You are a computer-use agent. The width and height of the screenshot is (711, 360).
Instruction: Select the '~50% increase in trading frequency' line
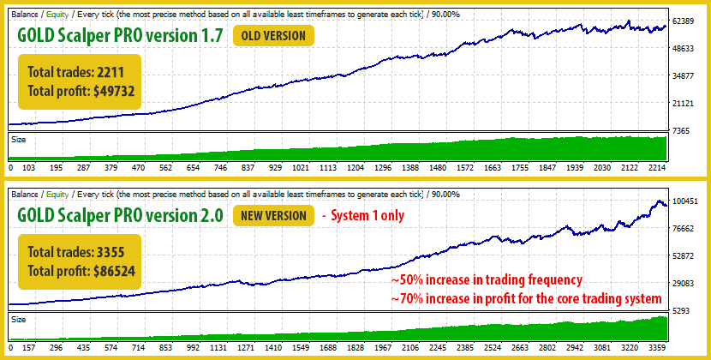coord(487,281)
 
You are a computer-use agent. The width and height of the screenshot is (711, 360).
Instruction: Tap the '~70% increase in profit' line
coord(526,298)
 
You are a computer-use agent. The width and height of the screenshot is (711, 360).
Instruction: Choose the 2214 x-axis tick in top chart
coord(656,168)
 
